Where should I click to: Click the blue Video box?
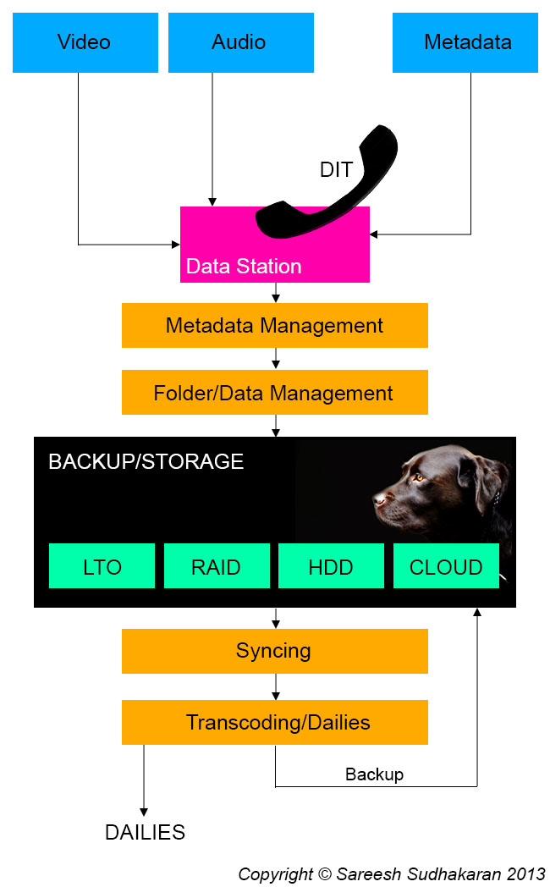pos(84,42)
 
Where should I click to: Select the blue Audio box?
pos(241,42)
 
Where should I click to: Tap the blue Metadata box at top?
pos(465,42)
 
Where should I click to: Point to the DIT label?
pos(335,169)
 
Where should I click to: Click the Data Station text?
pos(244,267)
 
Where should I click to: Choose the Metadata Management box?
pos(274,326)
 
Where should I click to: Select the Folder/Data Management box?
pos(274,393)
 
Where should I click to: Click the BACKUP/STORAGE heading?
pos(146,462)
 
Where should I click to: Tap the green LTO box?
pos(102,566)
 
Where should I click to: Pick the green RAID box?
pos(217,566)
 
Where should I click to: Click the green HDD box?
pos(331,566)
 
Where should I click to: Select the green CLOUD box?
pos(446,566)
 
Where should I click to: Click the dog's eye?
pos(417,478)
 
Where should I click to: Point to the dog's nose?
pos(378,499)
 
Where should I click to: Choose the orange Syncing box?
pos(274,651)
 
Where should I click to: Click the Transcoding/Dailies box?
pos(274,723)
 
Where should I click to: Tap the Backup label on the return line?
pos(374,774)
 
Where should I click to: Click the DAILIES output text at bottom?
pos(145,832)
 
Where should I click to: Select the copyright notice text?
pos(391,873)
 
